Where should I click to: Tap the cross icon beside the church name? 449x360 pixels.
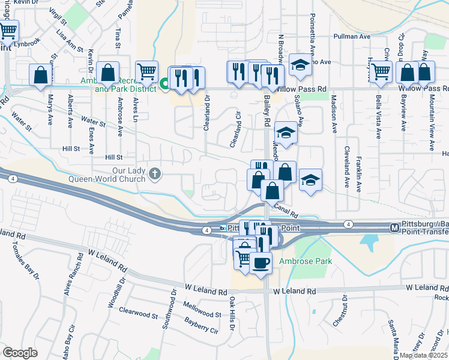[155, 175]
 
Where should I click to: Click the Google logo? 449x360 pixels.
[20, 353]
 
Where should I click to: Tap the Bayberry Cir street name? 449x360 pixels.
[201, 327]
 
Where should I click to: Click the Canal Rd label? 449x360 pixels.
[286, 209]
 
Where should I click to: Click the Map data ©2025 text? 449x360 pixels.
[424, 355]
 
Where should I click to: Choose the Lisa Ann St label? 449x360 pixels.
[70, 41]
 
